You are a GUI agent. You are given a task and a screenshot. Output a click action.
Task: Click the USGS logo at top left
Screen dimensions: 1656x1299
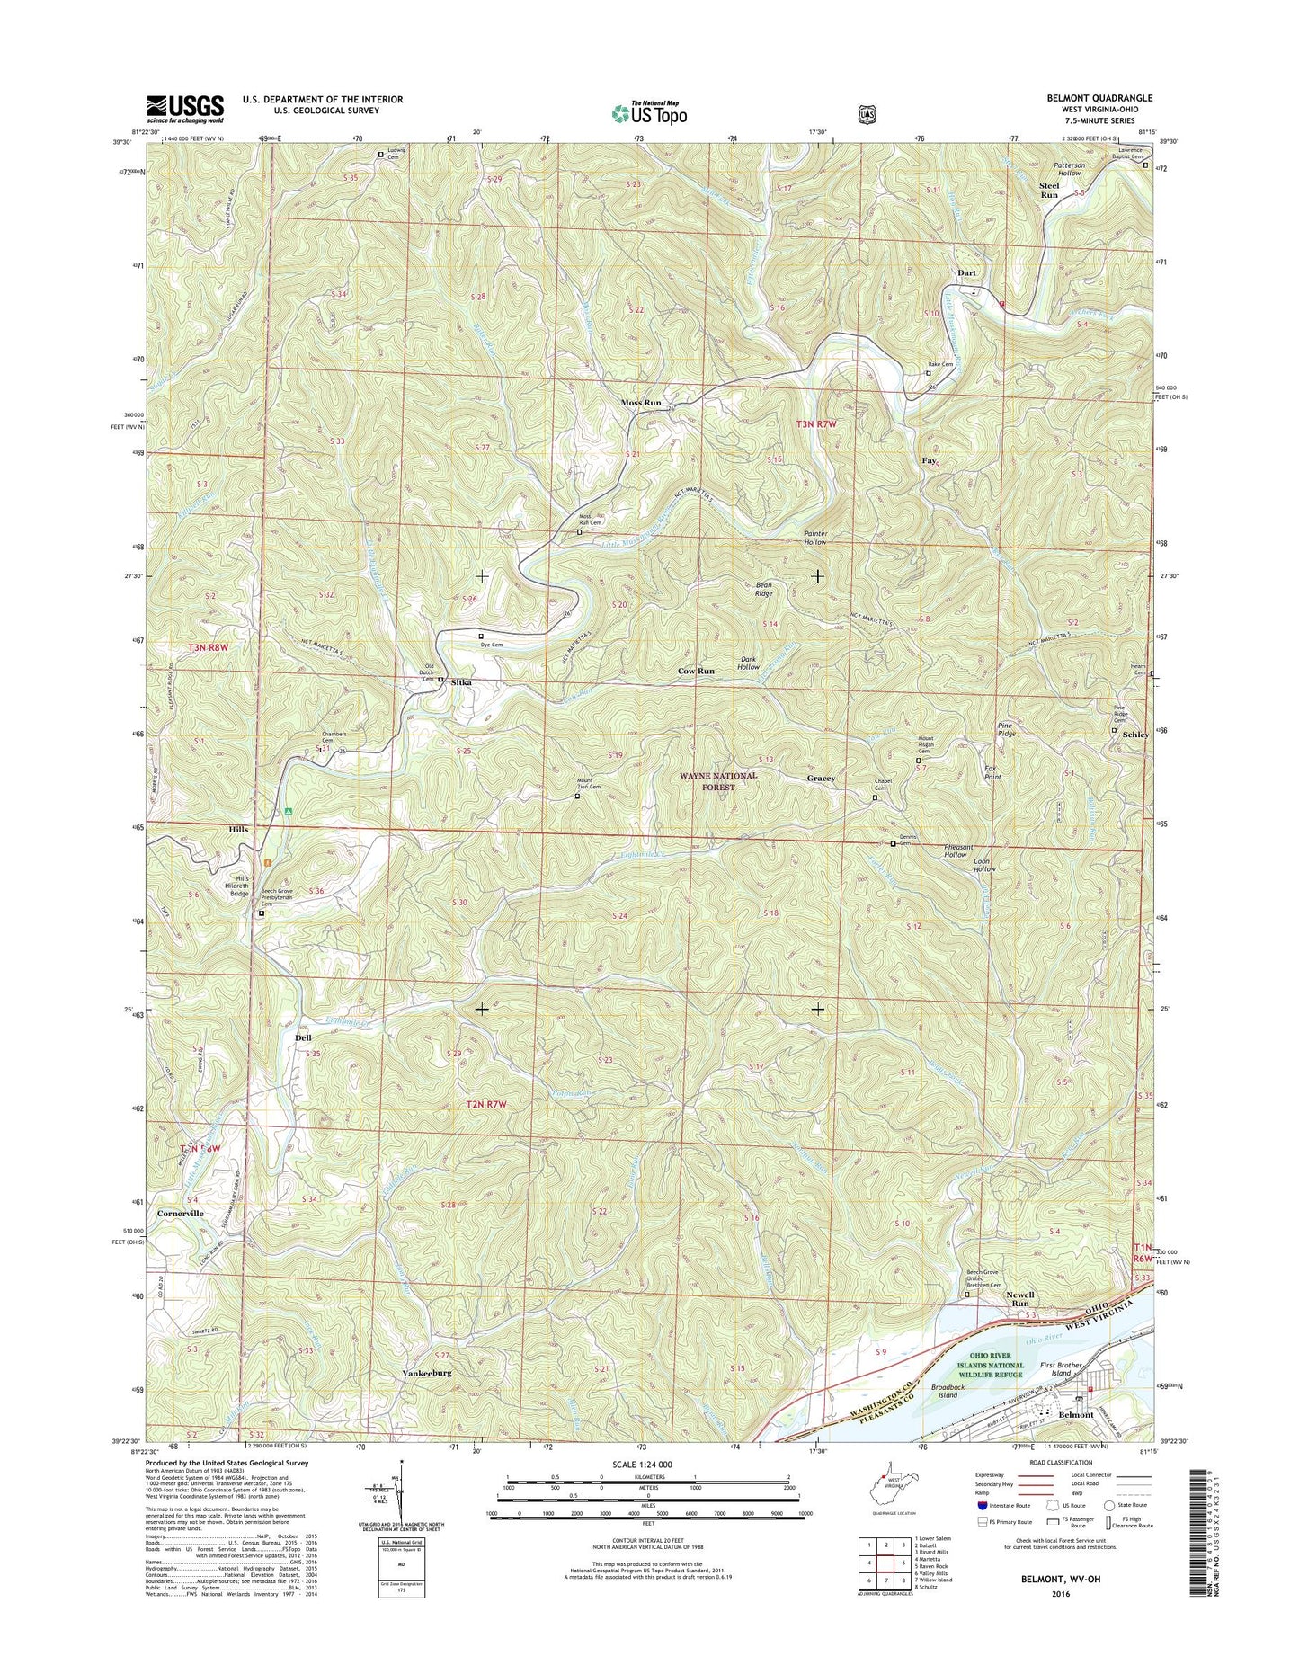[184, 109]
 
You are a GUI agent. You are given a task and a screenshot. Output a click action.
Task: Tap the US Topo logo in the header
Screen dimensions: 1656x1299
[649, 113]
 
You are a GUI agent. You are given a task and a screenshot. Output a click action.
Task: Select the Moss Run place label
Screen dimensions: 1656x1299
[641, 403]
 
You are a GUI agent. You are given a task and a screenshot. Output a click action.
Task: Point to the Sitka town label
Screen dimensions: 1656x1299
[461, 682]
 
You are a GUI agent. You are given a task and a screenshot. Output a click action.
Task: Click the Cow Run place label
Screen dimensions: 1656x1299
[696, 672]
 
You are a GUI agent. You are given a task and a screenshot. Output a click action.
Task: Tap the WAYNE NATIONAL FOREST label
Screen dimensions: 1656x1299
[719, 781]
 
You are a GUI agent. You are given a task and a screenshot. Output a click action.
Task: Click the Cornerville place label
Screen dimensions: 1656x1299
[181, 1213]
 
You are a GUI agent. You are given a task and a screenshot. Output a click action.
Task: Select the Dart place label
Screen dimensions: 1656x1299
[966, 272]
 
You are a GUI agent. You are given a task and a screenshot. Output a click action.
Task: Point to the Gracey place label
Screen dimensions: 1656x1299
[821, 779]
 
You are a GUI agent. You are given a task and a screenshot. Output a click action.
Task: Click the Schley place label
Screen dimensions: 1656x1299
[1134, 735]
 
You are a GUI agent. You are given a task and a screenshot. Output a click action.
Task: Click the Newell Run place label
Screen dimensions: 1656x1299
[1019, 1299]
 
